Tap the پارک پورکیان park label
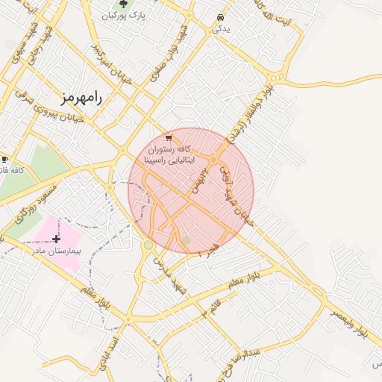pyautogui.click(x=122, y=15)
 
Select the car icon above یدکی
pyautogui.click(x=220, y=17)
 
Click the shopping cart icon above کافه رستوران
pyautogui.click(x=169, y=137)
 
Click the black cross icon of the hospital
pyautogui.click(x=57, y=239)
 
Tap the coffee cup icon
pyautogui.click(x=4, y=160)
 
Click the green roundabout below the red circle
pyautogui.click(x=148, y=245)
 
